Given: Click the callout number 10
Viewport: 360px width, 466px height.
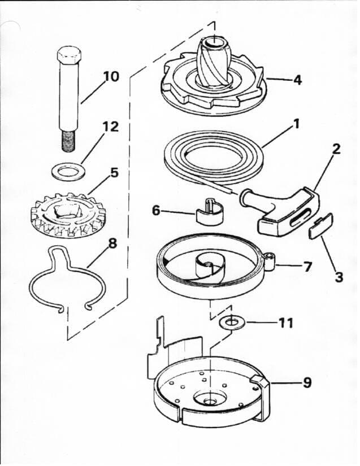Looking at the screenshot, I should (x=111, y=76).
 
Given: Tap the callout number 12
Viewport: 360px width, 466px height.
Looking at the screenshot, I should (x=111, y=127).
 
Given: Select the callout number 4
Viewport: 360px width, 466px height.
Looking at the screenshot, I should (x=297, y=80).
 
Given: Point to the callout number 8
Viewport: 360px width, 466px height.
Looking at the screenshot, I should (x=112, y=245).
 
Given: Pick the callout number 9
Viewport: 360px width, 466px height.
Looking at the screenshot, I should (x=306, y=382).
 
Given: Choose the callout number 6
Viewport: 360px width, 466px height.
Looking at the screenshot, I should (x=157, y=210).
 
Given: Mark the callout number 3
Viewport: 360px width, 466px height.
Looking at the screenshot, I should (x=339, y=277).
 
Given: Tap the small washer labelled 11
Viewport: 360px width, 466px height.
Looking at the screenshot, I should (x=230, y=323).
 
